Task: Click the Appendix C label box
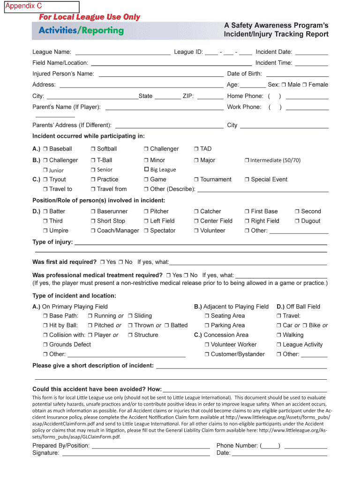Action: click(x=42, y=7)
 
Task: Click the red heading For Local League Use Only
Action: click(x=89, y=17)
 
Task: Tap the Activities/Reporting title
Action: click(x=81, y=30)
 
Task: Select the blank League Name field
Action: click(x=123, y=52)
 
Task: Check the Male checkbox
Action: click(x=284, y=85)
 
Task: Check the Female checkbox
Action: click(x=305, y=85)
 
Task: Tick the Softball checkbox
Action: click(x=93, y=149)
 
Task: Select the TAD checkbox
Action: click(x=196, y=149)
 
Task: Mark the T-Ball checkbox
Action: click(x=93, y=160)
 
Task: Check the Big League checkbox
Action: click(x=146, y=170)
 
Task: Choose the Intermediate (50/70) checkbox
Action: click(x=247, y=160)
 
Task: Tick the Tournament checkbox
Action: click(x=196, y=180)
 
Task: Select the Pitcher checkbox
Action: click(x=146, y=212)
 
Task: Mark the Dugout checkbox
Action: click(x=297, y=221)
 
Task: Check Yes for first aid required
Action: click(x=102, y=262)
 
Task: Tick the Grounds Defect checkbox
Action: click(x=45, y=345)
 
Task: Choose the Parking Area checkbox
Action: click(x=207, y=325)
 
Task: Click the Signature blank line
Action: click(x=136, y=453)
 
